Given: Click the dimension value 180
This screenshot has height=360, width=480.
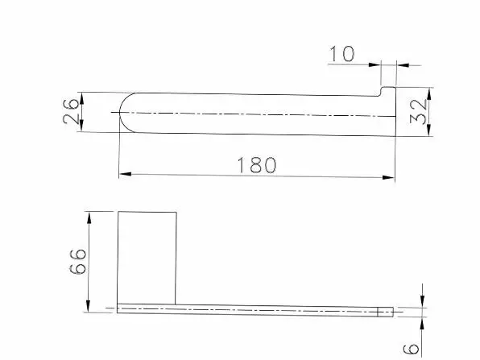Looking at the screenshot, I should point(257,164).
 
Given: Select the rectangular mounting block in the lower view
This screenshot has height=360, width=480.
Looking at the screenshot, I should point(147,258).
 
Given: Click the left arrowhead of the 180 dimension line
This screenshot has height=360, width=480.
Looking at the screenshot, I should point(123,173).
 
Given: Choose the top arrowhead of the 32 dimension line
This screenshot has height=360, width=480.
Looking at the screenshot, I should point(431,89).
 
